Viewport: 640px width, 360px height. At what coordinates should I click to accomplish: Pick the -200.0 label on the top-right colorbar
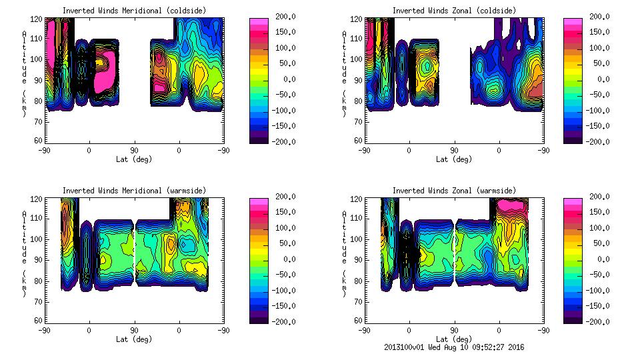[x=597, y=141]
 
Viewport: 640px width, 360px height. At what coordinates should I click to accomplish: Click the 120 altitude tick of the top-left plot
[x=38, y=19]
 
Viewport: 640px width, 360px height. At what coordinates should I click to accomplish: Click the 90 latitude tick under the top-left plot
[x=134, y=150]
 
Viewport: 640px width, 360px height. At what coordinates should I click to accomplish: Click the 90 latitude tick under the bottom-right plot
[x=454, y=330]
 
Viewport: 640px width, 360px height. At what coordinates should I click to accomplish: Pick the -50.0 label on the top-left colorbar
[x=283, y=95]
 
